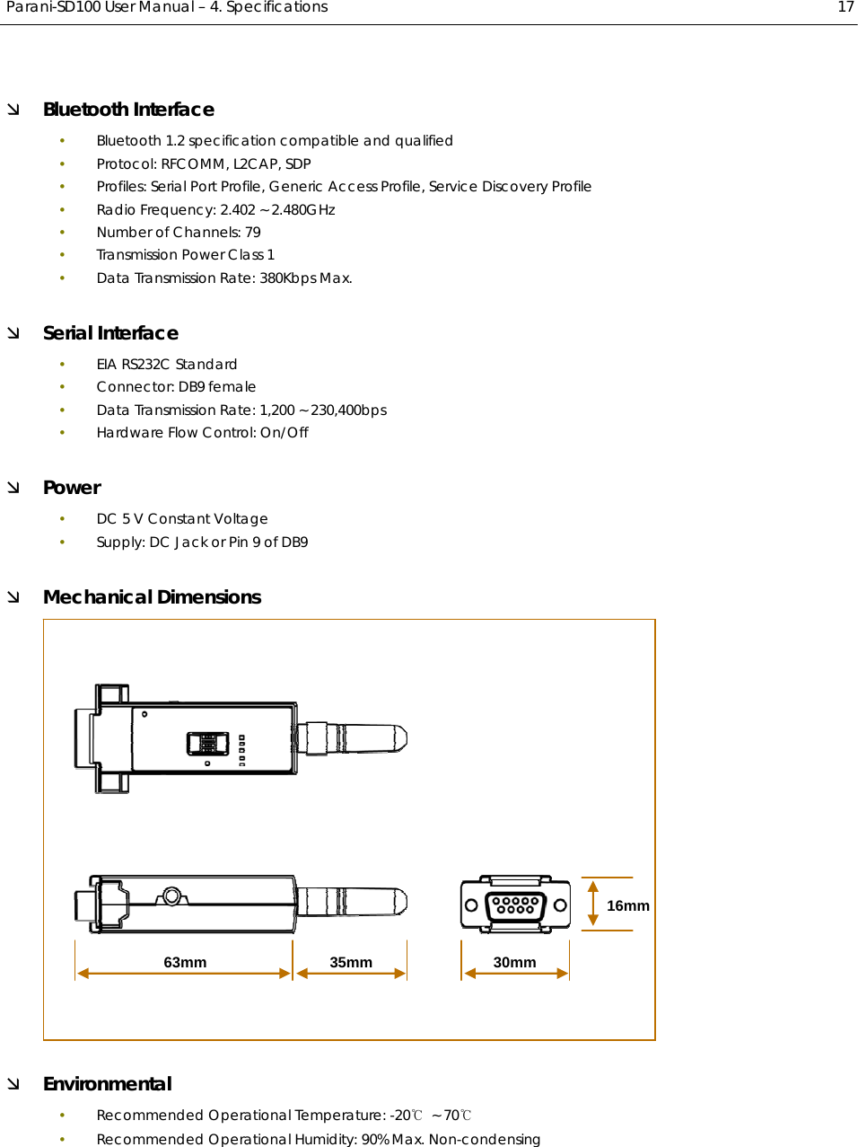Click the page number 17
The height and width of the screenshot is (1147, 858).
(845, 7)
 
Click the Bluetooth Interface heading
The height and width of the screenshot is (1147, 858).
(128, 110)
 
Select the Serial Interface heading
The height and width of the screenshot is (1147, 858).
(110, 333)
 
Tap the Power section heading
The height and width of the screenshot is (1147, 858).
(72, 488)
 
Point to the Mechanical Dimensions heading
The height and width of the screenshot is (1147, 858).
(152, 597)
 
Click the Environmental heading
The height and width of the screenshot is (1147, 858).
(107, 1084)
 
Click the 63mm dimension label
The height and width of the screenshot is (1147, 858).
(185, 962)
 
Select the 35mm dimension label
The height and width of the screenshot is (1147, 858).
(351, 962)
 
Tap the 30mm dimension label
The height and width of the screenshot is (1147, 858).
(514, 962)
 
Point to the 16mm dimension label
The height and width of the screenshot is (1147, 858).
(627, 905)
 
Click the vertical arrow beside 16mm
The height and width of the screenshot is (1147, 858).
(592, 904)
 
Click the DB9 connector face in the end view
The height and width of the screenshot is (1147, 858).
(515, 904)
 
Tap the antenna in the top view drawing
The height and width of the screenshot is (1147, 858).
(355, 738)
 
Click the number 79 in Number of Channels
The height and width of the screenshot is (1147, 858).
(253, 233)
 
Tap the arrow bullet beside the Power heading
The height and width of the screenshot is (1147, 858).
(13, 488)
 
